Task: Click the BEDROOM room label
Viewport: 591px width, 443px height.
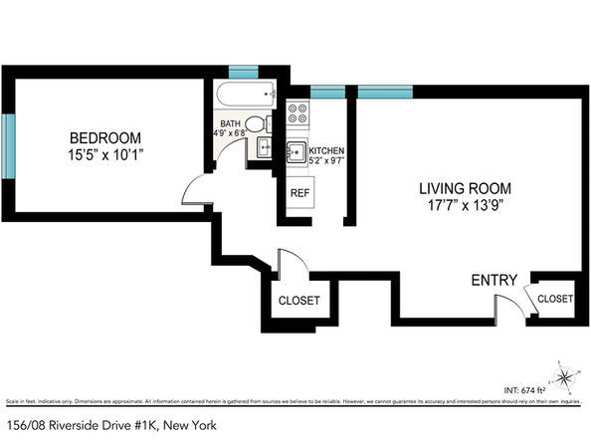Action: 104,137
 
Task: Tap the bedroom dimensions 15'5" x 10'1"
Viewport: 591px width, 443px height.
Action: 104,154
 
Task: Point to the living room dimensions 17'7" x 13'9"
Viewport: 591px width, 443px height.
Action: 465,206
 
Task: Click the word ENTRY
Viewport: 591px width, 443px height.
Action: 493,282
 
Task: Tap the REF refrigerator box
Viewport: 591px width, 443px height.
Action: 298,192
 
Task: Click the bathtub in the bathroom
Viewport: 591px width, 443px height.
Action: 246,97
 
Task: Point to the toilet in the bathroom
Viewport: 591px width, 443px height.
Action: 256,124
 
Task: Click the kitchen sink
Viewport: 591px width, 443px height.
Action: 296,151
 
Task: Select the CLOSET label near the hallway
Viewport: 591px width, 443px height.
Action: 298,301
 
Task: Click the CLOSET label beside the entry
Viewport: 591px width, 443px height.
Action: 554,299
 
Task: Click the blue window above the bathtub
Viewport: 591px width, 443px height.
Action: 243,73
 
